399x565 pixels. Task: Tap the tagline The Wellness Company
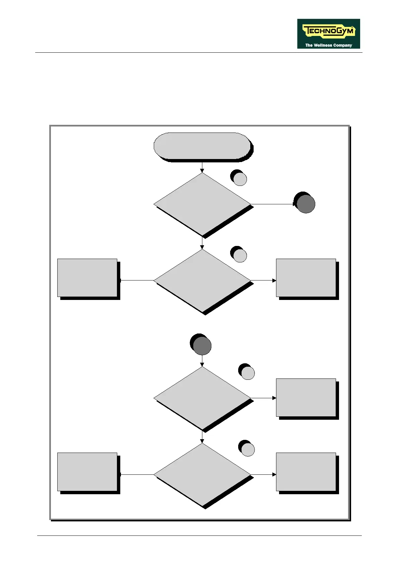coord(328,45)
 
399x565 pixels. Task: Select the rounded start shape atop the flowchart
coord(202,146)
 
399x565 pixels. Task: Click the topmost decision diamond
coord(202,204)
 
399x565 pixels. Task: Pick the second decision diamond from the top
coord(202,280)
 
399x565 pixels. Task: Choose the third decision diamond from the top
coord(202,398)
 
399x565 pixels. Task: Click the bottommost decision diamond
coord(202,474)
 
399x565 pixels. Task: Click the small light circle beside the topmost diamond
coord(240,179)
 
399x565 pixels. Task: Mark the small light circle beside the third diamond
coord(248,373)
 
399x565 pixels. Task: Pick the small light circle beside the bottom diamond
coord(248,450)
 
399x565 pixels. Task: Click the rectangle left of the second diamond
coord(87,278)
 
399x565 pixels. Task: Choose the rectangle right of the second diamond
coord(306,278)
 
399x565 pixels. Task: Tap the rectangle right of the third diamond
coord(306,398)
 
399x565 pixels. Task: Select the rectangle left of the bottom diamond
coord(87,472)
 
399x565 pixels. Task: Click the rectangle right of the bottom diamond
coord(306,472)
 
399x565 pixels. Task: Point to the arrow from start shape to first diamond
coord(202,167)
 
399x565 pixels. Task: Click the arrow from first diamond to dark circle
coord(272,204)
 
